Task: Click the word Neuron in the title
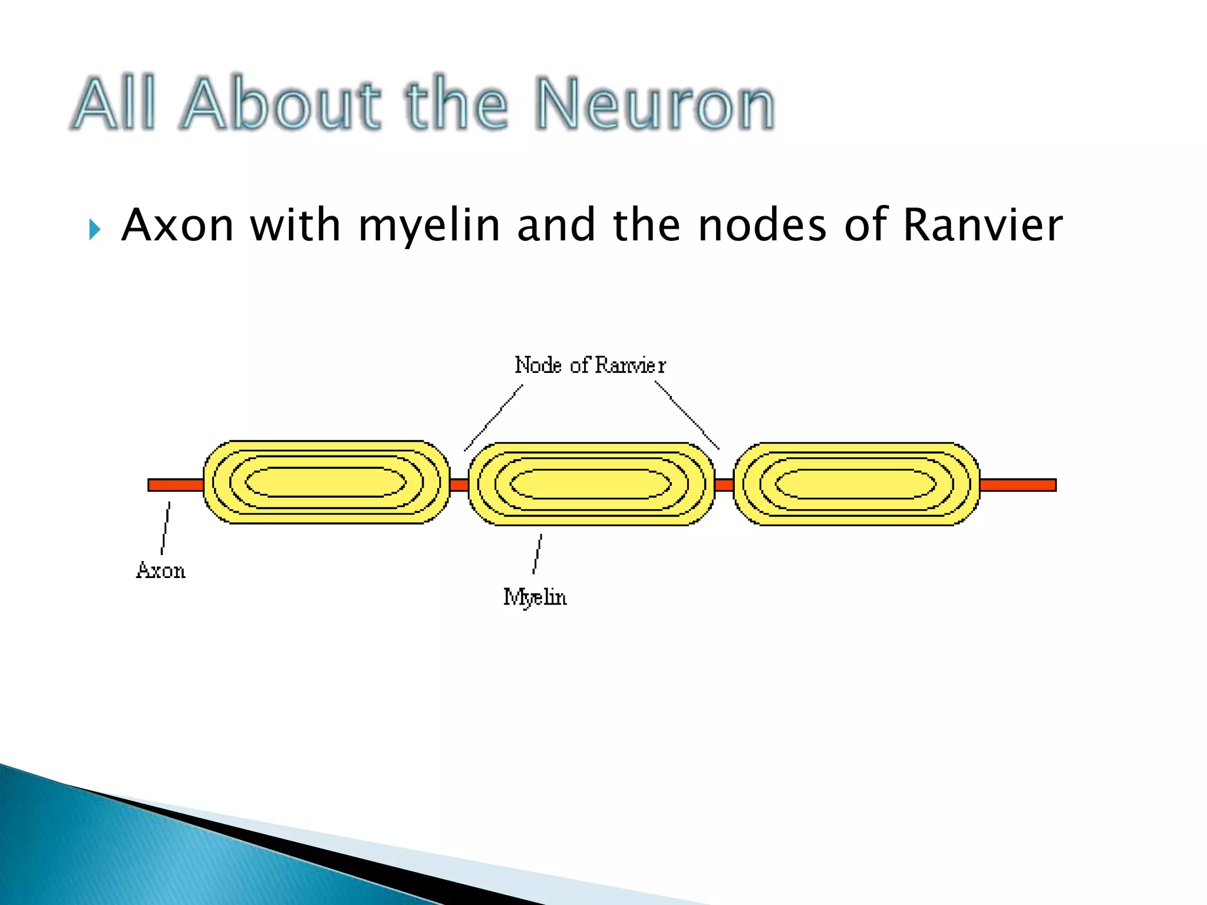coord(655,105)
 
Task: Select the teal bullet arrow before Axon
coord(94,229)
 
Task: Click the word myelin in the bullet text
coord(429,226)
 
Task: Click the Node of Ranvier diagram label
coord(590,365)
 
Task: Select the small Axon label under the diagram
coord(161,570)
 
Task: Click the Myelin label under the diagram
coord(535,597)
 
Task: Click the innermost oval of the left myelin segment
coord(325,483)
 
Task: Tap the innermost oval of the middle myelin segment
coord(591,484)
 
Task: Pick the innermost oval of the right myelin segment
coord(856,484)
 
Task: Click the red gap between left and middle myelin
coord(459,485)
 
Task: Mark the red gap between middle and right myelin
coord(724,485)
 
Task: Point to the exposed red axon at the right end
coord(1018,485)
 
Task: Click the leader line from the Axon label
coord(166,528)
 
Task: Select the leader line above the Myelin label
coord(537,554)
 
